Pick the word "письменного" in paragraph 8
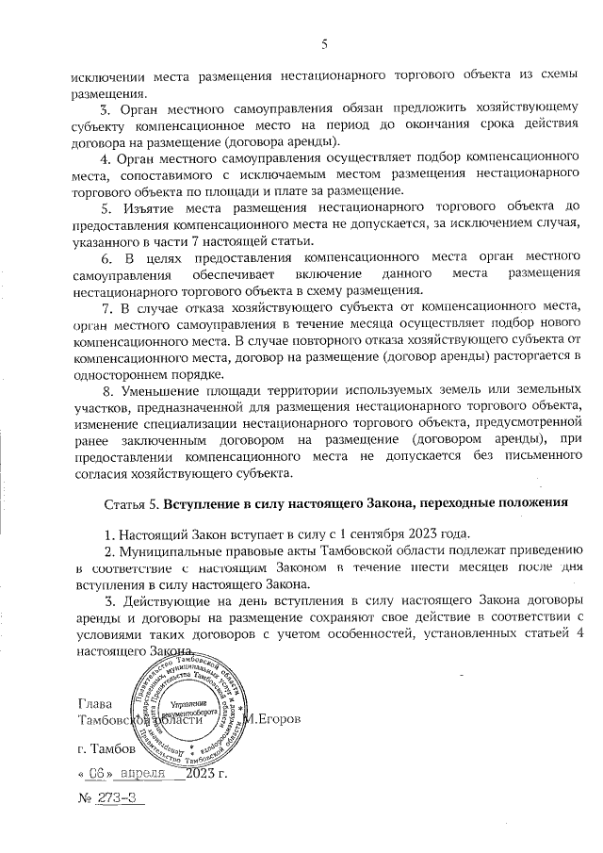[x=500, y=456]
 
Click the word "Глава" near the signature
[x=95, y=705]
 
